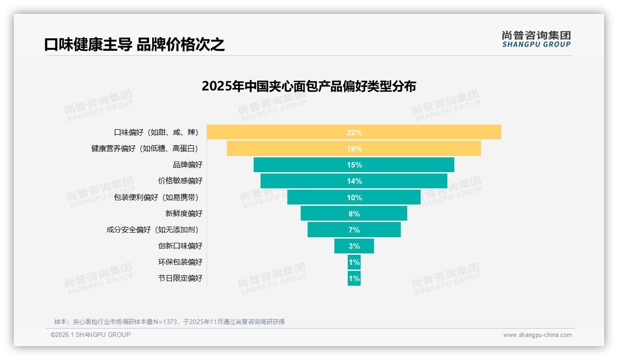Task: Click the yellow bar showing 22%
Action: click(x=354, y=132)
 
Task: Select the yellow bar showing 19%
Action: click(x=354, y=149)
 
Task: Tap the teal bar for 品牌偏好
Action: click(x=354, y=165)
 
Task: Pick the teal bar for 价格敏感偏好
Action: click(x=354, y=181)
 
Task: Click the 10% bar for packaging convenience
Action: click(x=354, y=198)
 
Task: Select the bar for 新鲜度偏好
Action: click(x=354, y=214)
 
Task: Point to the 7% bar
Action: click(x=354, y=230)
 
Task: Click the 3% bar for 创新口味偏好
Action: click(x=354, y=246)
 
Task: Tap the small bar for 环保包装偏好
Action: click(x=354, y=262)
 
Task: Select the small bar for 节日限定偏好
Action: click(x=354, y=278)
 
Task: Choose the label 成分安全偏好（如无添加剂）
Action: click(x=154, y=230)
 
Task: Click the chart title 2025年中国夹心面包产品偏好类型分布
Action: click(x=309, y=86)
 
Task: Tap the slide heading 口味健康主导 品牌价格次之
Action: click(x=135, y=45)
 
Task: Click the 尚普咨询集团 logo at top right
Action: click(x=536, y=39)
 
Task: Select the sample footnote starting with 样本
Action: click(x=169, y=322)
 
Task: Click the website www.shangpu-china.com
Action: click(x=537, y=335)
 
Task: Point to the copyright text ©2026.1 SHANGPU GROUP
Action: click(x=90, y=335)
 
